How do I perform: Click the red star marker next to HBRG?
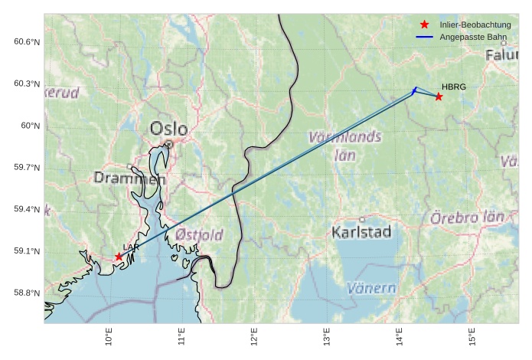tap(439, 97)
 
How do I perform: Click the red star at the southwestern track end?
tap(119, 257)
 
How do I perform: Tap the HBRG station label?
tap(453, 87)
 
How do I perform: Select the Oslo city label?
tap(168, 128)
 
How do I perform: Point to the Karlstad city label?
tap(362, 231)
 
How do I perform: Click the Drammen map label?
tap(129, 178)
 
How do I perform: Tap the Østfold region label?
tap(199, 234)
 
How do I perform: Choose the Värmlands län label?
tap(345, 146)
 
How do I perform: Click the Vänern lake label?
tap(371, 288)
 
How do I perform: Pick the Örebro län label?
tap(467, 218)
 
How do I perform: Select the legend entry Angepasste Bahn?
tap(467, 37)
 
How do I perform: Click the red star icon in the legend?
tap(425, 25)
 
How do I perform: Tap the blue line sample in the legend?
tap(425, 37)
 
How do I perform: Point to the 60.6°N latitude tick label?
tap(26, 41)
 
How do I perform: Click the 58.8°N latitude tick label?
tap(26, 293)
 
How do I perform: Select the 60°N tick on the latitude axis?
tap(29, 126)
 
